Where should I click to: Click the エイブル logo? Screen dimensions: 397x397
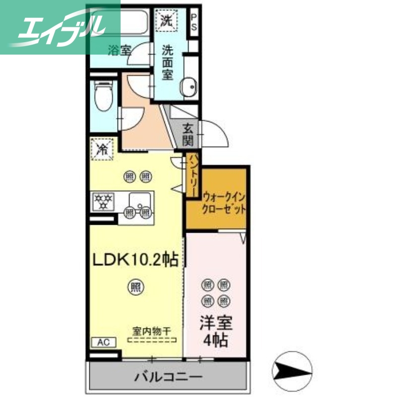coord(60,27)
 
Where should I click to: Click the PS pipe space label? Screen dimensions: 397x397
coord(194,22)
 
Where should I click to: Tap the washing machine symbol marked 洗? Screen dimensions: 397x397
coord(165,20)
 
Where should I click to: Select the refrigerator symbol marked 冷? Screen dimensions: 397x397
coord(103,148)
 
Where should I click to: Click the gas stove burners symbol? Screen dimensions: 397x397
coord(104,201)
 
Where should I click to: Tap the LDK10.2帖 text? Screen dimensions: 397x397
coord(134,260)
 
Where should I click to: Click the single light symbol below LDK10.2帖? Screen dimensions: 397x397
coord(134,286)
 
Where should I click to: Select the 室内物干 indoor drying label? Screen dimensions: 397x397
coord(152,330)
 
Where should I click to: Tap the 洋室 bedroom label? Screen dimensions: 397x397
coord(216,323)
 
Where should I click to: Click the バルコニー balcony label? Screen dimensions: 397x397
coord(168,378)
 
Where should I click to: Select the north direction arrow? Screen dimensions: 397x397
coord(292,370)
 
